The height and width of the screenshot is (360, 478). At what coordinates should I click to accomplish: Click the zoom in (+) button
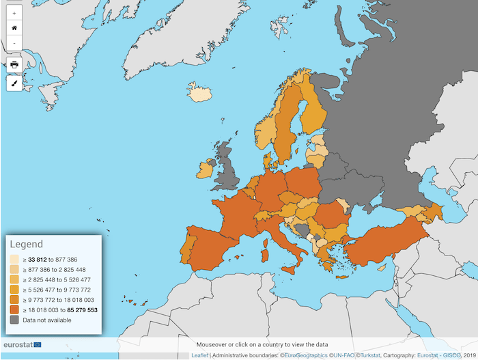coord(14,13)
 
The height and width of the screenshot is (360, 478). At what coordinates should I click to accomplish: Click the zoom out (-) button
coord(14,43)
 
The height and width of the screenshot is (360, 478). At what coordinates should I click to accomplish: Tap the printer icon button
coord(14,65)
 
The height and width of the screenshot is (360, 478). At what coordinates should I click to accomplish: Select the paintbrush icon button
coord(14,83)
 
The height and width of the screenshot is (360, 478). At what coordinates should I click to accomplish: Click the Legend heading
coord(26,245)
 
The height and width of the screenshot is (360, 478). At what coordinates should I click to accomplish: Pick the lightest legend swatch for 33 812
coord(14,260)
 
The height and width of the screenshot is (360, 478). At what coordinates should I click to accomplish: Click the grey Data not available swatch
coord(14,319)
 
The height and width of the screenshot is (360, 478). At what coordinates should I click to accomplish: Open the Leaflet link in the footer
coord(199,355)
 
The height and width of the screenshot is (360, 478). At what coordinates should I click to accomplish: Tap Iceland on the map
coord(199,93)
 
